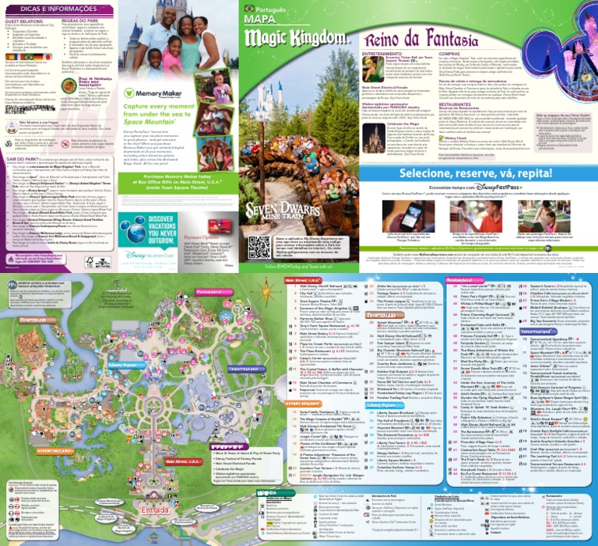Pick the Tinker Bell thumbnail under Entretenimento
click(x=376, y=64)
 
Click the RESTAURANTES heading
click(x=456, y=103)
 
